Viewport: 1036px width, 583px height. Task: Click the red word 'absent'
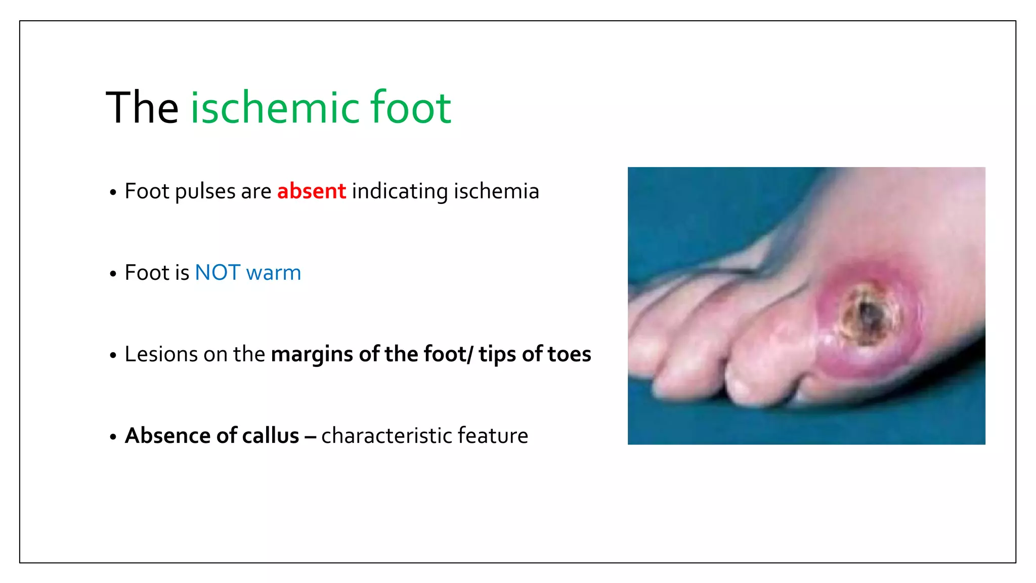[311, 191]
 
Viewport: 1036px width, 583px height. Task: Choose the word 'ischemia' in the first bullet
[496, 191]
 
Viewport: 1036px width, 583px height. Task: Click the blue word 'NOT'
[218, 273]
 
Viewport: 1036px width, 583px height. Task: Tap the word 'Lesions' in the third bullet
[161, 354]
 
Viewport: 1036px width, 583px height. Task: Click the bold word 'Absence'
[168, 436]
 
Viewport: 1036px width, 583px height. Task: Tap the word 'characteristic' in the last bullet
[386, 436]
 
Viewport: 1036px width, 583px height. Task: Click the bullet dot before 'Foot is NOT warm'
[113, 274]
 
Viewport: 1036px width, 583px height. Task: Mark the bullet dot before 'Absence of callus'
[113, 437]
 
